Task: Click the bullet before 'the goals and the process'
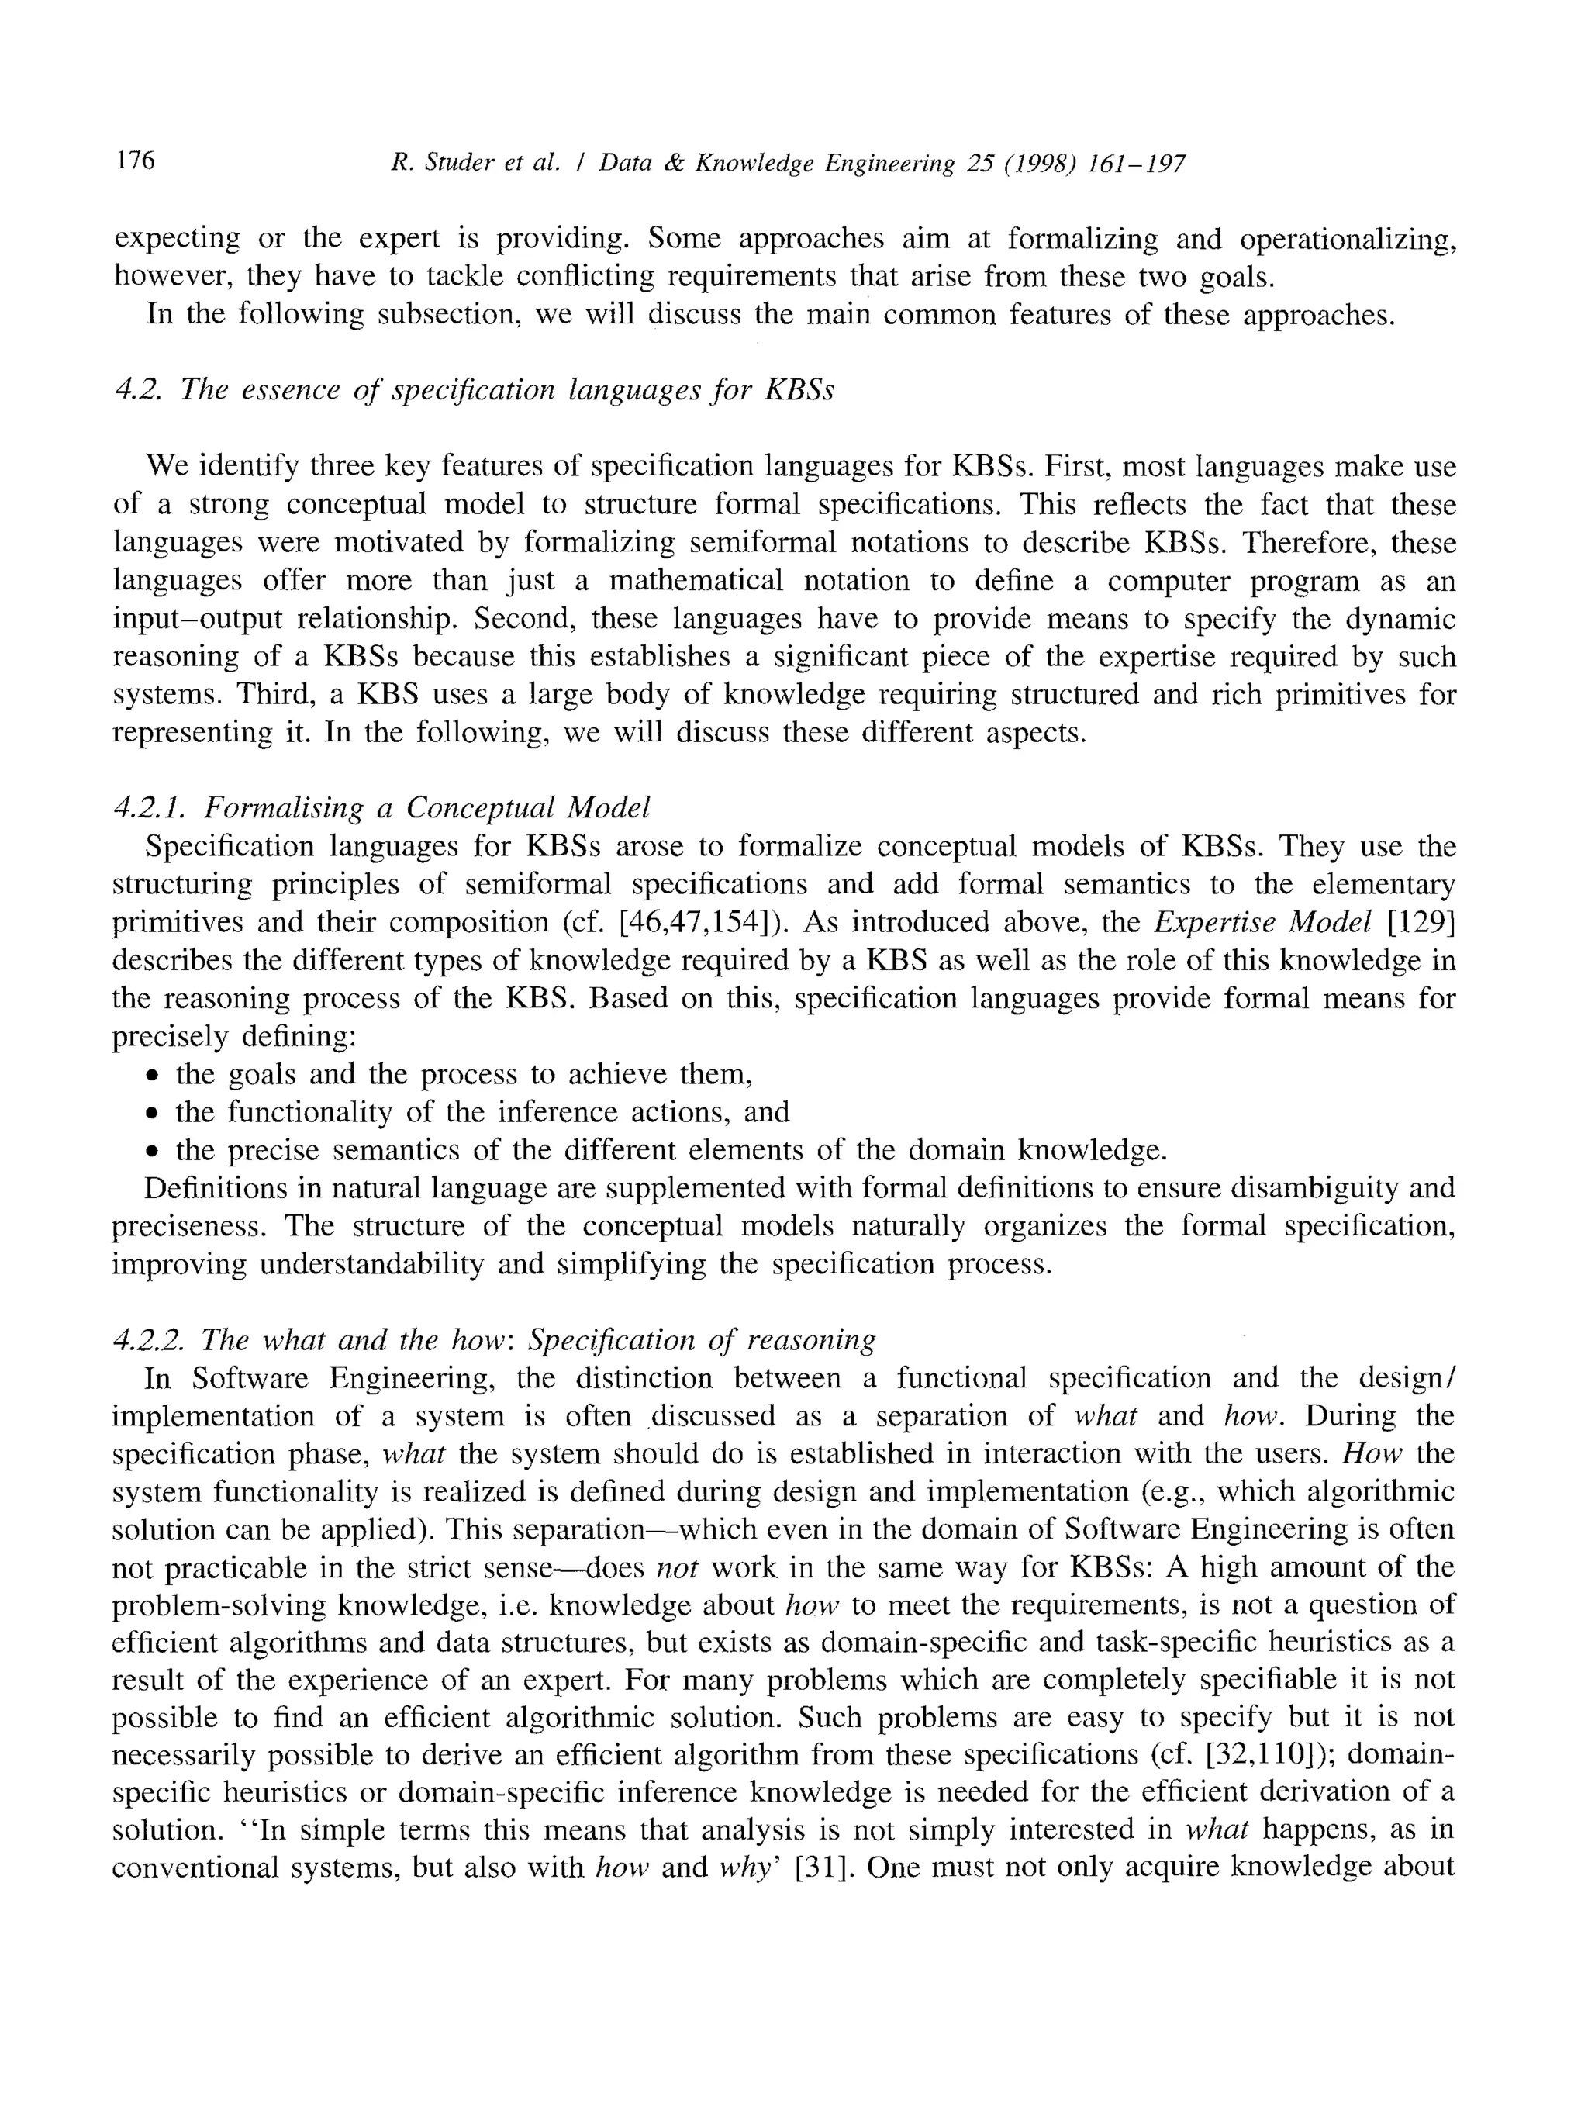(151, 1075)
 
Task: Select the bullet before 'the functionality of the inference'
(151, 1114)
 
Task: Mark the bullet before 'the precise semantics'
(151, 1151)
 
